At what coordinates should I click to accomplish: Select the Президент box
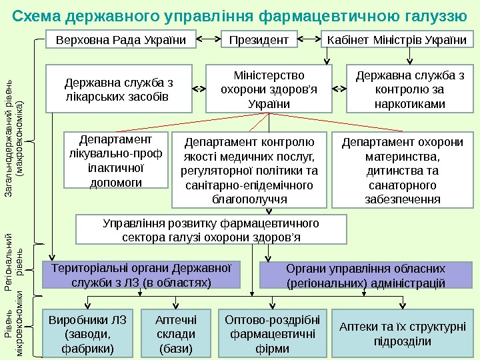(x=259, y=40)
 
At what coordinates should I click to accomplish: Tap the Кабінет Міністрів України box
(x=397, y=40)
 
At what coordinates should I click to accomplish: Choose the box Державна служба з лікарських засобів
(x=119, y=87)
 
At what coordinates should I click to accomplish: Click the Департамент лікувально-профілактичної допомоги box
(x=115, y=161)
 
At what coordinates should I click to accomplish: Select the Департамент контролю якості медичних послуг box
(x=249, y=170)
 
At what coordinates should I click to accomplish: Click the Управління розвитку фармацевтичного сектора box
(x=211, y=229)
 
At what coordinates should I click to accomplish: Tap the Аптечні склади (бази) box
(x=176, y=333)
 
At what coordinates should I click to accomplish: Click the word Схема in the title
(x=36, y=15)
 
